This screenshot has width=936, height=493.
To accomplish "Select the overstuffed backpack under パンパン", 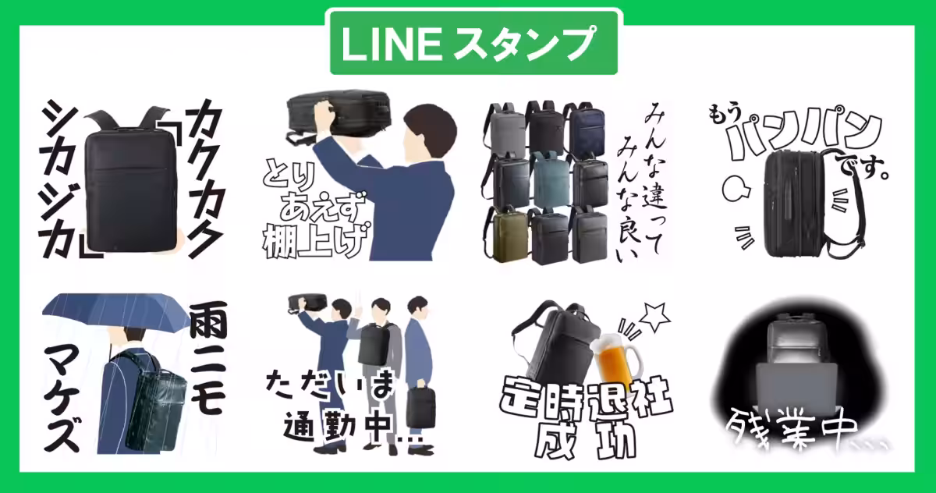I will click(796, 203).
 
